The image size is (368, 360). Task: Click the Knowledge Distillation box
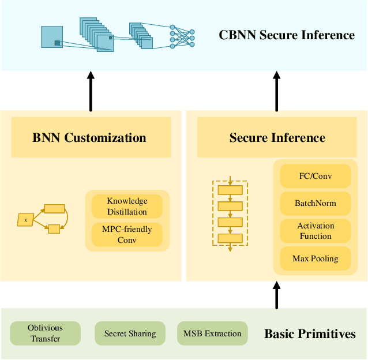pyautogui.click(x=127, y=207)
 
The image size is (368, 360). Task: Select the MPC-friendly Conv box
pyautogui.click(x=127, y=234)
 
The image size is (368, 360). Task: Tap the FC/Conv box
pyautogui.click(x=315, y=176)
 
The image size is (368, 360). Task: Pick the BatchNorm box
pyautogui.click(x=315, y=203)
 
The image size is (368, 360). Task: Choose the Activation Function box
pyautogui.click(x=315, y=231)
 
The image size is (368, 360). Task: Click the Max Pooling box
pyautogui.click(x=315, y=258)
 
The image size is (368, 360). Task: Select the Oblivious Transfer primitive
pyautogui.click(x=46, y=333)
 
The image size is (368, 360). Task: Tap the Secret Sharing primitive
pyautogui.click(x=130, y=333)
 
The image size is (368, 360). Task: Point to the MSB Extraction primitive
pyautogui.click(x=212, y=333)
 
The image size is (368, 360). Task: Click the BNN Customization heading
pyautogui.click(x=89, y=137)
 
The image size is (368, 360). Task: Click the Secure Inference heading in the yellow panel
pyautogui.click(x=277, y=137)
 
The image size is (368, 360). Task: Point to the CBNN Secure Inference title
pyautogui.click(x=287, y=35)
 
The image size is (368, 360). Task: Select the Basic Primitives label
pyautogui.click(x=310, y=333)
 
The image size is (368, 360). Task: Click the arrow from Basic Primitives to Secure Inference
pyautogui.click(x=277, y=295)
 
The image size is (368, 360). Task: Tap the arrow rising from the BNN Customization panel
pyautogui.click(x=91, y=91)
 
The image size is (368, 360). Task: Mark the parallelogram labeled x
pyautogui.click(x=25, y=220)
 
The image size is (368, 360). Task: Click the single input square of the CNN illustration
pyautogui.click(x=52, y=37)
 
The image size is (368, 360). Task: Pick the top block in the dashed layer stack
pyautogui.click(x=230, y=190)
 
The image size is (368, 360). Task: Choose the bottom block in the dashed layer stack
pyautogui.click(x=230, y=238)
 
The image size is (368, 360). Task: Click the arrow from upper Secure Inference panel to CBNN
pyautogui.click(x=277, y=91)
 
